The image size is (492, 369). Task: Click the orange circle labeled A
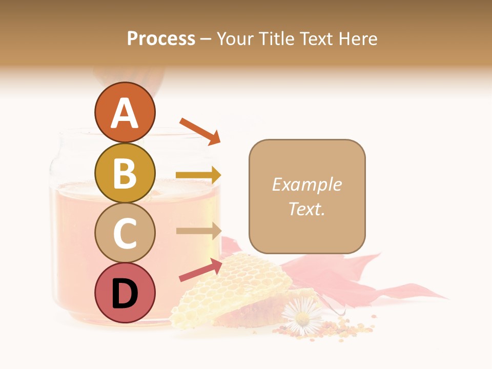point(125,113)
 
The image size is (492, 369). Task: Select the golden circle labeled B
point(125,173)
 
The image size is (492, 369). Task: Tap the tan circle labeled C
point(125,233)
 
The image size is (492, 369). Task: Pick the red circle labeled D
point(125,293)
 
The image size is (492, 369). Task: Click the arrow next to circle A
point(200,131)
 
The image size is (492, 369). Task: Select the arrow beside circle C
point(198,231)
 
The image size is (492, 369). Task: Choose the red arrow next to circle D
point(200,270)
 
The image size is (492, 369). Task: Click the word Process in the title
point(161,38)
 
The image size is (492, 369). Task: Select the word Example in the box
point(306,184)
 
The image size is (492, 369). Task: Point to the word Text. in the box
point(306,209)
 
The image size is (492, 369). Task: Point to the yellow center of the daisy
point(302,319)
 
